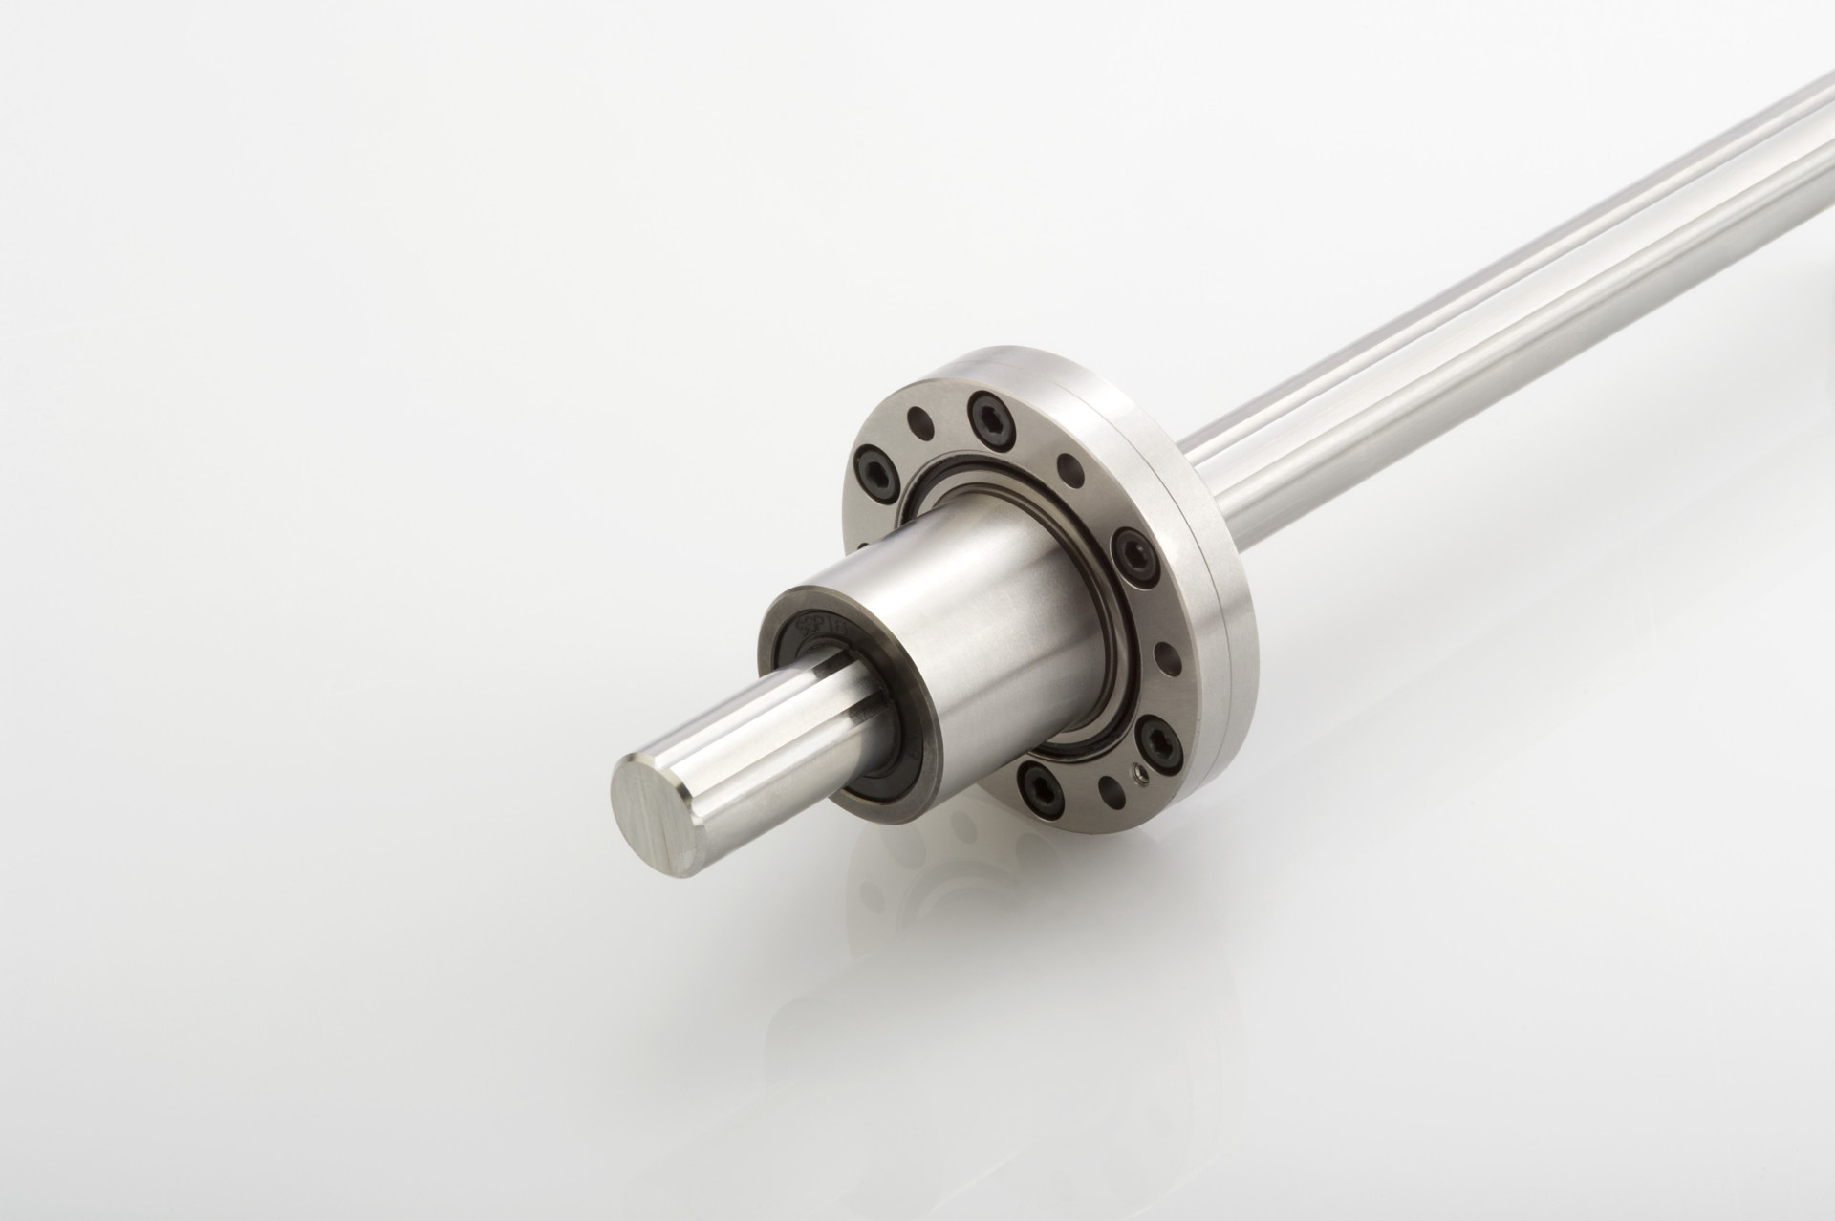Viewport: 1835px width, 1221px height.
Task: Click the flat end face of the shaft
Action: pos(658,802)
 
